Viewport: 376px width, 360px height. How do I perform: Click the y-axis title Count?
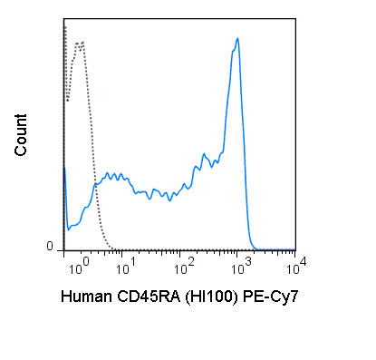point(21,135)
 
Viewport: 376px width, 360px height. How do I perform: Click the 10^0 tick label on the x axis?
point(77,268)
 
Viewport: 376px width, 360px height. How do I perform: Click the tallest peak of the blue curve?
point(237,39)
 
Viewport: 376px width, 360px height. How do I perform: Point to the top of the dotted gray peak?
point(80,42)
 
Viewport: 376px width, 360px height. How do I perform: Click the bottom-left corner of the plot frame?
point(63,250)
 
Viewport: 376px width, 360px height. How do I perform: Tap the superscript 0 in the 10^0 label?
point(83,262)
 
